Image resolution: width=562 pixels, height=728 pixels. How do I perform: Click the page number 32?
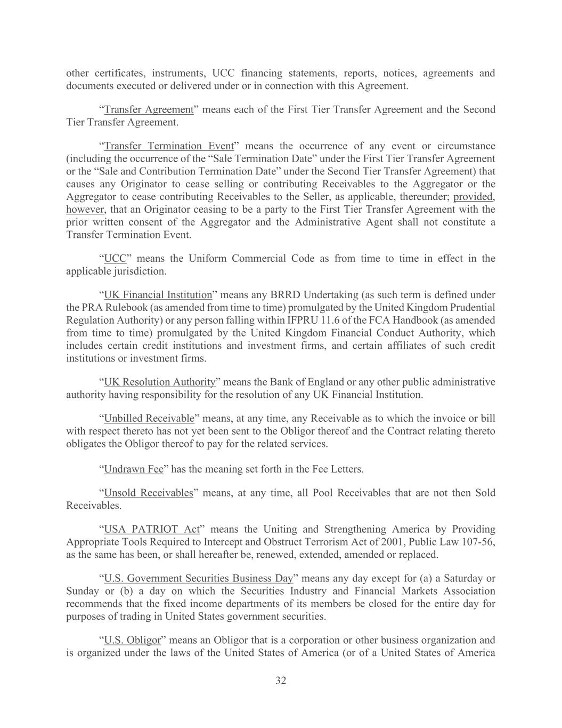tap(281, 681)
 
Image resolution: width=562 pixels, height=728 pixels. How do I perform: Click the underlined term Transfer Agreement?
tap(149, 109)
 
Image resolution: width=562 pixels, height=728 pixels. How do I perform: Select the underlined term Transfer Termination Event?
tap(169, 146)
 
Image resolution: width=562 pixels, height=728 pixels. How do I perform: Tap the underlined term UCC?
tap(115, 259)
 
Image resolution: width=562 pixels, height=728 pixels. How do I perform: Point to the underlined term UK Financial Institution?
tap(158, 295)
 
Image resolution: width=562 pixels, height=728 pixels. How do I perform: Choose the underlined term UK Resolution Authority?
tap(159, 382)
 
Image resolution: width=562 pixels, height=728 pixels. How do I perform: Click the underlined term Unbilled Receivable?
tap(149, 418)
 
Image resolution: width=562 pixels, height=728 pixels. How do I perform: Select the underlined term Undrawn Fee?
tap(133, 469)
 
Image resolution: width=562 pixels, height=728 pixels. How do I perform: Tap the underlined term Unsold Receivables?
tap(148, 493)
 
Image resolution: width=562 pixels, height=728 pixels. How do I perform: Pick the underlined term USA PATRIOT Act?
tap(151, 529)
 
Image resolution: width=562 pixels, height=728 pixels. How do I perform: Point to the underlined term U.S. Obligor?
tap(132, 640)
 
